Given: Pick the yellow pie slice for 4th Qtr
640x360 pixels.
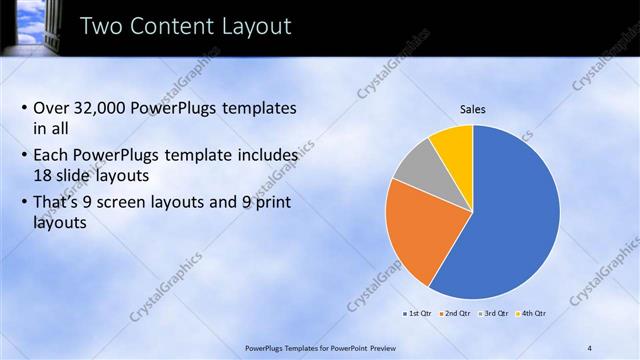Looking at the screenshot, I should coord(453,146).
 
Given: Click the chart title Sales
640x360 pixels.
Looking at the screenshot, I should coord(473,109).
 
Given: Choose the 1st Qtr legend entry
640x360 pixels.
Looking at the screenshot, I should coord(416,314).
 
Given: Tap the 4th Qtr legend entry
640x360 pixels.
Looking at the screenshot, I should coord(531,314).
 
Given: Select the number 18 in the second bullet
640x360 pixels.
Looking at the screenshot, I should coord(45,174).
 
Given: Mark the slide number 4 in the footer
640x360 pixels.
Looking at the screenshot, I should coord(590,347).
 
